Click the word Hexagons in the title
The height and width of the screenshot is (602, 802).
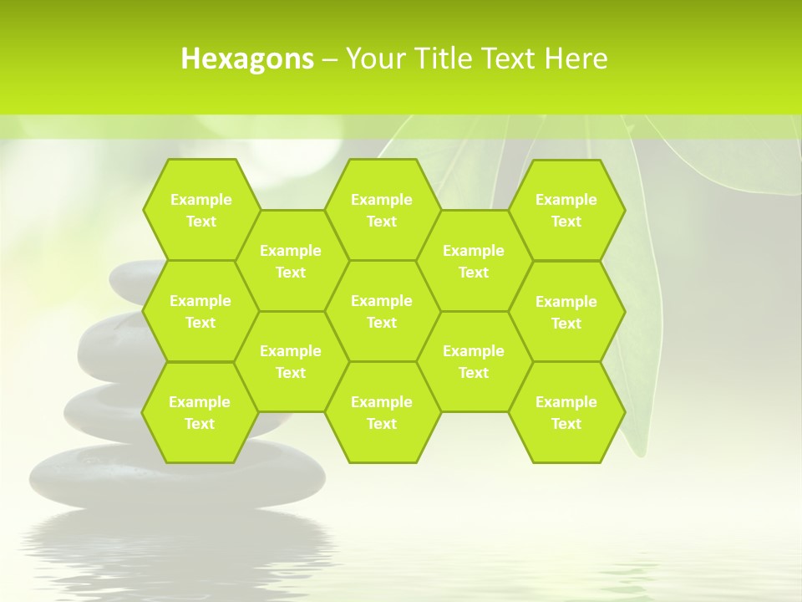(247, 59)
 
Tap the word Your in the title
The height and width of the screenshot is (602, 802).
(373, 59)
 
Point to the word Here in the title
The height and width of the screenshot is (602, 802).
(576, 59)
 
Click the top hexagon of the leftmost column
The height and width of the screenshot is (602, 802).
(200, 210)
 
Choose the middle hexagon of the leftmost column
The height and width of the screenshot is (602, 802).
(200, 311)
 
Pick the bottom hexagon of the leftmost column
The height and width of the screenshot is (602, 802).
(200, 412)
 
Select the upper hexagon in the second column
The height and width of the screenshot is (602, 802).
(291, 261)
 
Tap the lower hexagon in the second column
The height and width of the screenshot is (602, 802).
(291, 361)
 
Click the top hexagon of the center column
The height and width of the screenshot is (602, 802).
(382, 210)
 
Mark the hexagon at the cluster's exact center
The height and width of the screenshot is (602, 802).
(382, 311)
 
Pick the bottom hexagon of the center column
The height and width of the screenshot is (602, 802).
(382, 412)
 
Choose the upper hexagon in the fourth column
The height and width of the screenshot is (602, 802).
(474, 261)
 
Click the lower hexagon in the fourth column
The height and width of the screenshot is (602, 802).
(474, 361)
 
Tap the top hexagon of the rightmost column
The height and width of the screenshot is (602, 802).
(566, 210)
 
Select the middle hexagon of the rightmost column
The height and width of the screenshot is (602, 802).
(566, 312)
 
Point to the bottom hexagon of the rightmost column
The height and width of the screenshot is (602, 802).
(566, 412)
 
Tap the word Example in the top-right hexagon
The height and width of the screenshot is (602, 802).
(566, 200)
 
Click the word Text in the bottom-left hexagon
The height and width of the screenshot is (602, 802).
(200, 424)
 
